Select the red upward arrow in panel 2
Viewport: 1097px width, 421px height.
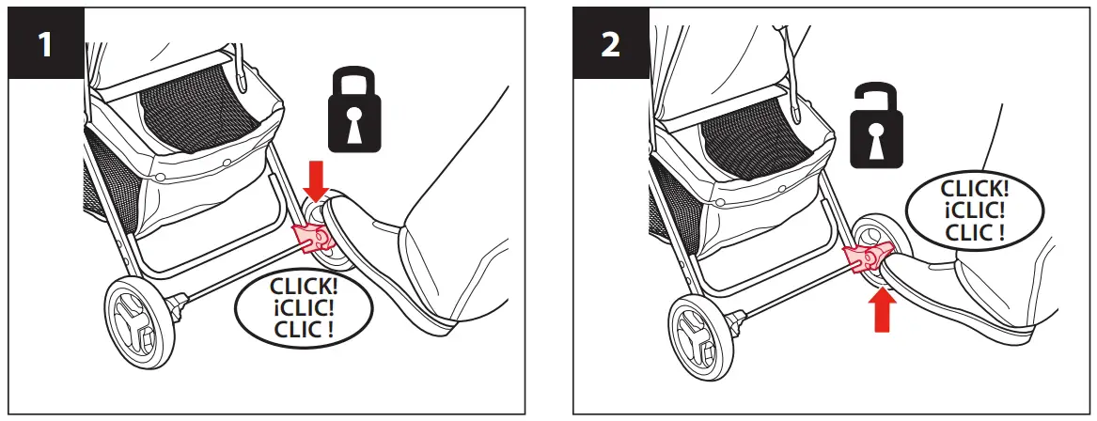click(x=882, y=309)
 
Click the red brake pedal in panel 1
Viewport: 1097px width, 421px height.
click(x=311, y=239)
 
